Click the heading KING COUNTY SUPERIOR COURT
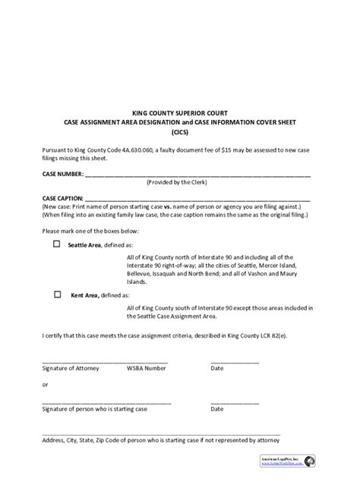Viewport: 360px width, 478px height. [x=180, y=112]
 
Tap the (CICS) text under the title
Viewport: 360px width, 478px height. [x=180, y=131]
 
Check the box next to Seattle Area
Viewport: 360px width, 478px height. [x=55, y=245]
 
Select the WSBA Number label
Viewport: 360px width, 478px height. [x=147, y=367]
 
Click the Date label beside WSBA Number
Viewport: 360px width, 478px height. [x=217, y=367]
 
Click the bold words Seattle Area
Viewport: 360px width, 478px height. [x=84, y=246]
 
